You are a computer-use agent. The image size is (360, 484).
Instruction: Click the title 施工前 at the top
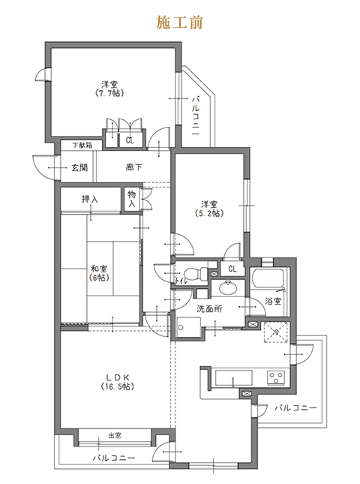point(179,23)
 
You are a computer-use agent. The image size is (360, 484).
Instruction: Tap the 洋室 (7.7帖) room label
point(109,89)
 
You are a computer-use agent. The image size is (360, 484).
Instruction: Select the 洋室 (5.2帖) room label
point(209,209)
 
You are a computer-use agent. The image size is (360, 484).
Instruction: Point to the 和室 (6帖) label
point(99,273)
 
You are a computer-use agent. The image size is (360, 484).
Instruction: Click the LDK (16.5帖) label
point(117,382)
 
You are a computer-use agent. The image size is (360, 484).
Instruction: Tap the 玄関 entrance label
point(79,167)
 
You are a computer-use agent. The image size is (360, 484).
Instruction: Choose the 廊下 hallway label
point(133,167)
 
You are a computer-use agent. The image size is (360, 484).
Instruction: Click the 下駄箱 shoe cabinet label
point(82,145)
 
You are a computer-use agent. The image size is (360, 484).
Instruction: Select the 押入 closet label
point(90,199)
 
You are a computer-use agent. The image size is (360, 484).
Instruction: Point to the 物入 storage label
point(132,199)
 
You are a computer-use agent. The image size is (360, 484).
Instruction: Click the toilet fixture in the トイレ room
point(196,273)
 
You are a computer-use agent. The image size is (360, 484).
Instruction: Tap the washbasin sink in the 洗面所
point(228,287)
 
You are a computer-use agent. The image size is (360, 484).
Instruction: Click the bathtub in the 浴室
point(268,278)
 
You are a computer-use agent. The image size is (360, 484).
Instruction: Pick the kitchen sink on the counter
point(233,377)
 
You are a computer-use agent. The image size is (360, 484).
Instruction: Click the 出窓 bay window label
point(115,435)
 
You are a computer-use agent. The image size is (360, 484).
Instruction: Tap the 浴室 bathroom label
point(273,301)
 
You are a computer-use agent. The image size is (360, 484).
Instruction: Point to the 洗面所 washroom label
point(209,309)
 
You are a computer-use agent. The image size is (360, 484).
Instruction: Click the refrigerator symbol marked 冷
point(276,332)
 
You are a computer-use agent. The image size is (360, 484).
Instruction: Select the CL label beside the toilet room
point(232,269)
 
